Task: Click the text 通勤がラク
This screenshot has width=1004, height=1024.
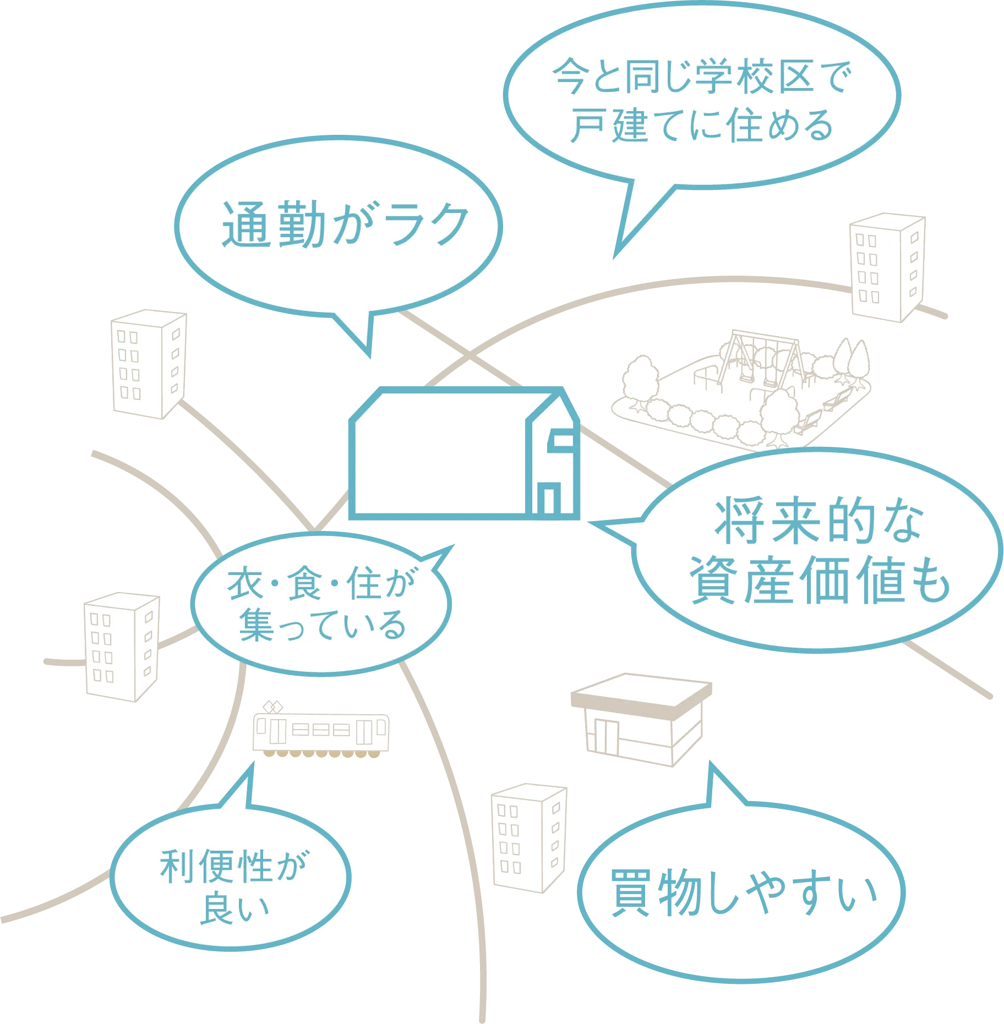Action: coord(345,224)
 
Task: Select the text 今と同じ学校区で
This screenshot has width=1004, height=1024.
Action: coord(702,78)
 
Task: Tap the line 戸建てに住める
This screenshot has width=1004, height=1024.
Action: coord(702,125)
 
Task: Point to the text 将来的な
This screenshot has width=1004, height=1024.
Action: coord(819,521)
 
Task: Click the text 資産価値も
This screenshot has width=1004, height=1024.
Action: coord(820,580)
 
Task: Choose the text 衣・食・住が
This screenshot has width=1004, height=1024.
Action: coord(321,583)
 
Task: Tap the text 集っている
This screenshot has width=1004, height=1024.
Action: coord(323,625)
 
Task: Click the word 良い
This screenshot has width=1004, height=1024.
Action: coord(233,908)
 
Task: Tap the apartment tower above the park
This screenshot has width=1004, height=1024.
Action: coord(886,267)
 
